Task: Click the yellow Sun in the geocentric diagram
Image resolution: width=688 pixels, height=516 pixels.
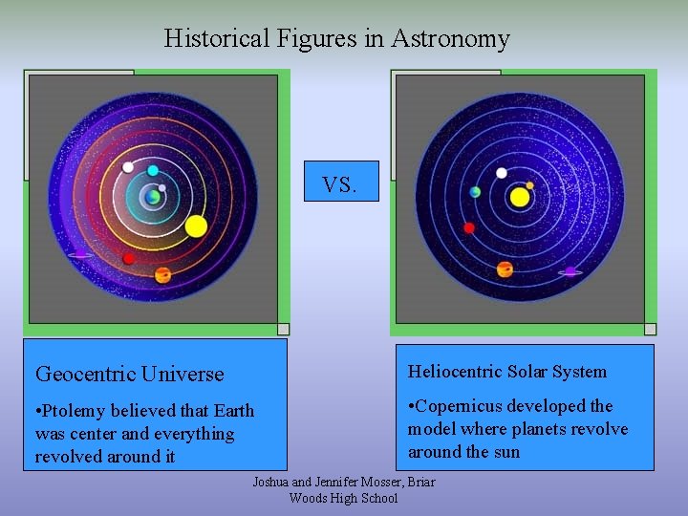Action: [196, 226]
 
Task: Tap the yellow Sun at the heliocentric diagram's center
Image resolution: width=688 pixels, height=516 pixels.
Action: [520, 197]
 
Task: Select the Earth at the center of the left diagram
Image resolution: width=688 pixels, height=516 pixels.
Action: [153, 198]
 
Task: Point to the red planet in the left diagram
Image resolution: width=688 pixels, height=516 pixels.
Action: [128, 259]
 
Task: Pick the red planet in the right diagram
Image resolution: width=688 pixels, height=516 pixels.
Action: [469, 227]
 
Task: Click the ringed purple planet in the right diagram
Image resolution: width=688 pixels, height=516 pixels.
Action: [570, 272]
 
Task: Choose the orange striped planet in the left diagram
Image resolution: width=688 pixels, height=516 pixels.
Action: [163, 275]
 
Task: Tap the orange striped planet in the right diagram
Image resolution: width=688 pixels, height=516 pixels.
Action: [505, 269]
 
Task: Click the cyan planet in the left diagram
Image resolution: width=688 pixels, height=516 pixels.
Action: [153, 171]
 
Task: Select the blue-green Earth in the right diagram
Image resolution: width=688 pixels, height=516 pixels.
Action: [475, 192]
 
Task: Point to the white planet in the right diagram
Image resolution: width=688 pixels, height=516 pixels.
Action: [502, 173]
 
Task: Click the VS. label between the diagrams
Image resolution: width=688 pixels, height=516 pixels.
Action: [339, 184]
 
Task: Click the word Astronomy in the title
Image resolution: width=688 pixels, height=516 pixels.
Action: [450, 38]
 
